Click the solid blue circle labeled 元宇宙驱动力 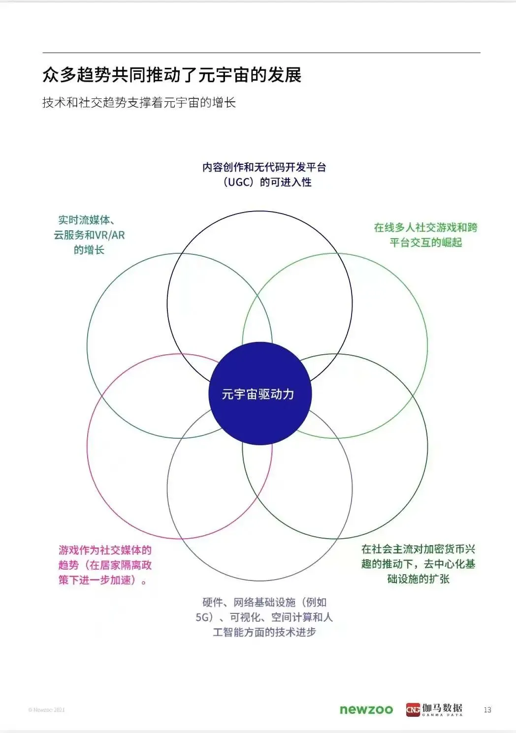tap(260, 394)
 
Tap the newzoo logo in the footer tap(366, 709)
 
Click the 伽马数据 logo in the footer tap(434, 709)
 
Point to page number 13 tap(487, 709)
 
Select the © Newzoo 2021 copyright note tap(46, 710)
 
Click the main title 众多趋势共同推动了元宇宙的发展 tap(172, 75)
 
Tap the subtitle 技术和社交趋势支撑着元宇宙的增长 tap(139, 102)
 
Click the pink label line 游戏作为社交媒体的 tap(105, 550)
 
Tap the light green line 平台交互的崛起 tap(425, 242)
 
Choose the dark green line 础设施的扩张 tap(418, 579)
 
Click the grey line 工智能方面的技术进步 tap(264, 632)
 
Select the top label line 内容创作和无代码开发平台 tap(264, 167)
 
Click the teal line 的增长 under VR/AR tap(89, 250)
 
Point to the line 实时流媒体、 tap(87, 220)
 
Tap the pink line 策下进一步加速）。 tap(103, 580)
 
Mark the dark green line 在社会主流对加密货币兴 tap(418, 549)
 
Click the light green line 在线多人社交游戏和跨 tap(425, 227)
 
